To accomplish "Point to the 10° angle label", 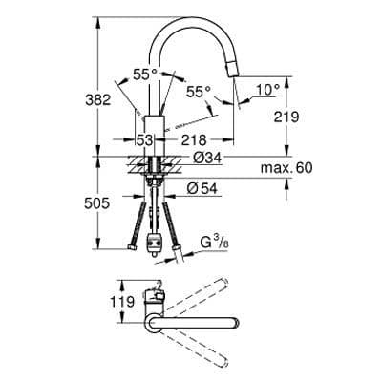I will [x=267, y=89].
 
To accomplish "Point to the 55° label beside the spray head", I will [x=199, y=92].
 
